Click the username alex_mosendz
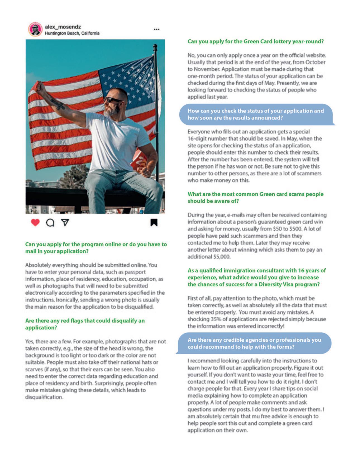click(63, 27)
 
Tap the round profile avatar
click(35, 29)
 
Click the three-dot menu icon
click(156, 29)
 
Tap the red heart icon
click(35, 223)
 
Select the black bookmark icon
click(154, 223)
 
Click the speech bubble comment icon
click(50, 223)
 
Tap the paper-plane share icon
click(65, 223)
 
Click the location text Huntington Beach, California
click(72, 33)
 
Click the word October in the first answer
click(315, 62)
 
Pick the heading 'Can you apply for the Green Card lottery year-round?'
click(256, 42)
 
